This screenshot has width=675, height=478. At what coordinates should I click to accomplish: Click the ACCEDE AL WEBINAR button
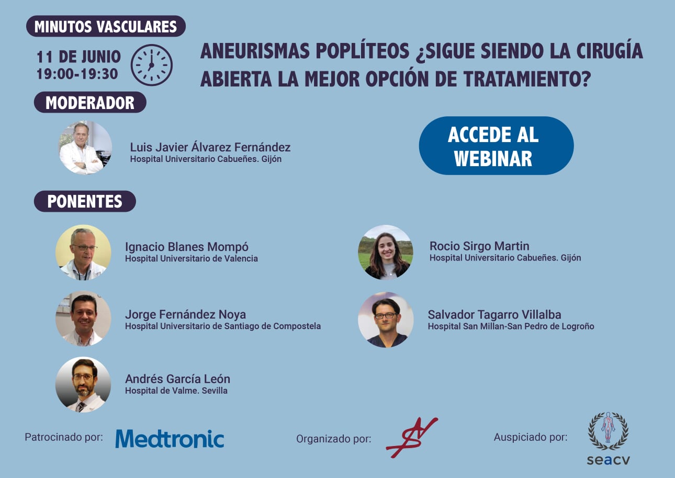click(496, 146)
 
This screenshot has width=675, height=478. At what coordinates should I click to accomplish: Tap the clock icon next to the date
click(152, 65)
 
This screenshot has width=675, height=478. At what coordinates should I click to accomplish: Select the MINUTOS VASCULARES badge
click(106, 26)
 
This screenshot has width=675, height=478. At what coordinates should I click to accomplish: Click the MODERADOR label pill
click(90, 103)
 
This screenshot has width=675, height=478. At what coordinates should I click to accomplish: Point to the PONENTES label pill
click(85, 201)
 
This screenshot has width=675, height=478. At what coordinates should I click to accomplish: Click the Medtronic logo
click(170, 439)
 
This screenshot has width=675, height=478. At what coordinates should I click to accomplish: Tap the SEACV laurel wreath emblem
click(608, 431)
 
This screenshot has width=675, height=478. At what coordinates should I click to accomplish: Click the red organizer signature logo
click(412, 437)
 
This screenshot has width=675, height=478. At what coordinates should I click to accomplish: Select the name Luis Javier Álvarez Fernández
click(210, 147)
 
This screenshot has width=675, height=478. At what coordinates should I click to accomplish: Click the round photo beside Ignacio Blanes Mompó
click(83, 253)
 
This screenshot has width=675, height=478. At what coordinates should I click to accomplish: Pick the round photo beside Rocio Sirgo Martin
click(386, 252)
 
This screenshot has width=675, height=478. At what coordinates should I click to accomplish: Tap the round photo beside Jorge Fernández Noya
click(83, 319)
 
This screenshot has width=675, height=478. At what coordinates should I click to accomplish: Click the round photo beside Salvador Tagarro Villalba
click(386, 320)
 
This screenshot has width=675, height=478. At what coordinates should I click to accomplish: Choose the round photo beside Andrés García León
click(83, 385)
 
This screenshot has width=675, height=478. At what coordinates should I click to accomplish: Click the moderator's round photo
click(85, 148)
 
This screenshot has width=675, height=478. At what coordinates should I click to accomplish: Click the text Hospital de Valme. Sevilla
click(176, 390)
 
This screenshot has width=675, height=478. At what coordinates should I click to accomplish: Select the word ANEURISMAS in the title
click(255, 51)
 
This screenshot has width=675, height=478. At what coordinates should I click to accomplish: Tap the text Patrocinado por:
click(64, 437)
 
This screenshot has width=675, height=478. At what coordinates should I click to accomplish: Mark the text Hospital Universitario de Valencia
click(192, 258)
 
